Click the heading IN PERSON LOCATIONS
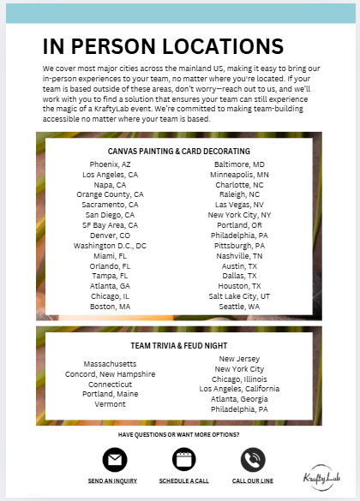click(x=163, y=45)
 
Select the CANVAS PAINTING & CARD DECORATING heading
click(x=179, y=150)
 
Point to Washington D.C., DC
click(x=110, y=245)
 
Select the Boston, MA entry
click(x=110, y=306)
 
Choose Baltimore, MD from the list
click(x=239, y=164)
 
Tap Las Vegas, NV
click(x=239, y=205)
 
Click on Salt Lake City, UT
click(x=239, y=295)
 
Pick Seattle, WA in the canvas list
click(x=239, y=306)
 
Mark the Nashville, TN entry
click(x=239, y=255)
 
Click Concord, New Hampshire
click(x=110, y=373)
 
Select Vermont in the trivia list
click(x=110, y=404)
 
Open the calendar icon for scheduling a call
click(x=183, y=460)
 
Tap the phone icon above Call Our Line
click(x=253, y=460)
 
